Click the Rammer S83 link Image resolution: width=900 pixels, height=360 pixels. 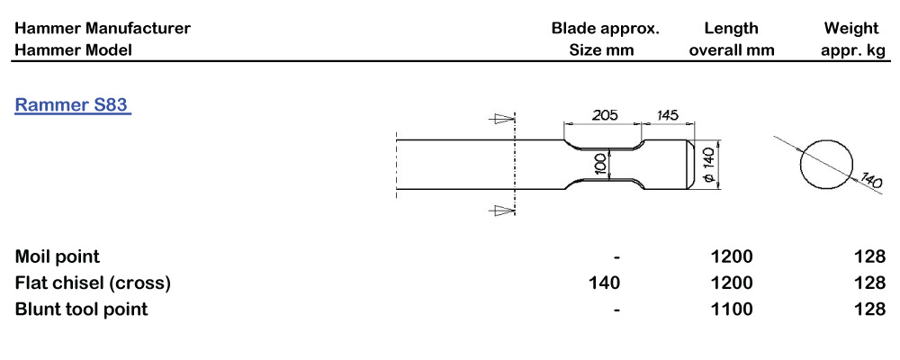[x=72, y=105]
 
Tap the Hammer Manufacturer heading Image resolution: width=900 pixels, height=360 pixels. [x=103, y=29]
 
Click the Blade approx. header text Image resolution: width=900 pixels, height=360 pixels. [x=605, y=29]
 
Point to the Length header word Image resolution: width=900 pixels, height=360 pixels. [x=731, y=29]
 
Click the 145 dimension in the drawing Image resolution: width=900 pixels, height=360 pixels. [x=667, y=115]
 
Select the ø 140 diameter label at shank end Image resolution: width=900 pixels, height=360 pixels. [x=707, y=166]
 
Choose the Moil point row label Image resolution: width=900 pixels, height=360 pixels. [x=58, y=257]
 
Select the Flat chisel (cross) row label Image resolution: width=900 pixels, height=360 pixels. [x=93, y=283]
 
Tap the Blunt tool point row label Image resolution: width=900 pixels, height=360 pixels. [x=81, y=310]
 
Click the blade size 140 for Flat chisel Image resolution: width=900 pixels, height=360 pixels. [x=604, y=283]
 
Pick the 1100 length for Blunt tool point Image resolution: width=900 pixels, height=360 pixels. [x=732, y=310]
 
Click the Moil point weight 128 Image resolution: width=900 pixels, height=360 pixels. [x=870, y=257]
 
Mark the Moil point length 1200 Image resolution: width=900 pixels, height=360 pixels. [x=732, y=257]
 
